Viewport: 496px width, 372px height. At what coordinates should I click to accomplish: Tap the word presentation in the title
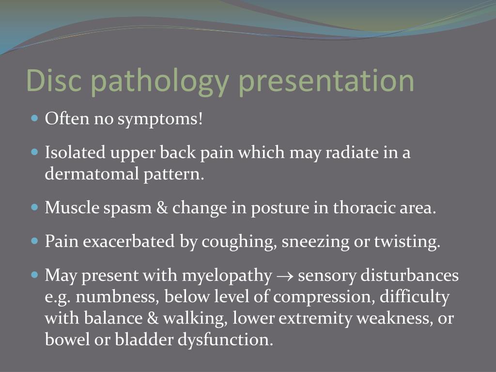(x=326, y=80)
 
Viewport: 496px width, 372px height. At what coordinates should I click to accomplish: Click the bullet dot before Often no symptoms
(x=34, y=118)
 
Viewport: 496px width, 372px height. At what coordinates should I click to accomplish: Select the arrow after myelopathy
(x=284, y=276)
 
